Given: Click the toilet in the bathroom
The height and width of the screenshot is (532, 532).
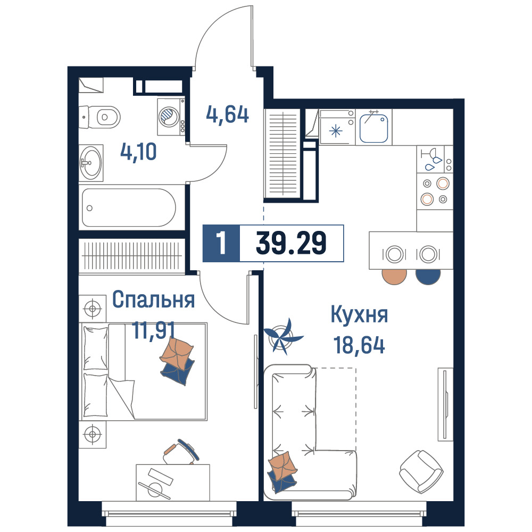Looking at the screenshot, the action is coord(99,117).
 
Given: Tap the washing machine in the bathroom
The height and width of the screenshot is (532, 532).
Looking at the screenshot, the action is coord(171,117).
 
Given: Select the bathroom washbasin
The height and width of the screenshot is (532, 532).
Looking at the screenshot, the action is coord(91,163).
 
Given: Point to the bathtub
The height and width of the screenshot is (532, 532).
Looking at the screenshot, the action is coord(129,207).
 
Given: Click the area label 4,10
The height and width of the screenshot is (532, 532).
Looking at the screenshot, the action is coord(138,152).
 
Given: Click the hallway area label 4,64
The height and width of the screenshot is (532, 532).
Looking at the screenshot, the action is coord(227,115).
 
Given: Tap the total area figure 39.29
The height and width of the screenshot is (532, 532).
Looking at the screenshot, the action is coord(291,243).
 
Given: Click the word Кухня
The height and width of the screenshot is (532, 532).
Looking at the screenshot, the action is coord(359,314).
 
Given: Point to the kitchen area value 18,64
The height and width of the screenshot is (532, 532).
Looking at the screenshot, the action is coord(359,345).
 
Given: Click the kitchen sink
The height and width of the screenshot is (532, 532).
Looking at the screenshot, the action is coord(373,128).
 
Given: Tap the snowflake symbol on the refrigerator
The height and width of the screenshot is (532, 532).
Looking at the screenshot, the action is coord(336,131).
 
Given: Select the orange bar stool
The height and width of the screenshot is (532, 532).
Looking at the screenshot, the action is coord(394,276).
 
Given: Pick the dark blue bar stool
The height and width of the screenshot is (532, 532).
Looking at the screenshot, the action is coord(428,276).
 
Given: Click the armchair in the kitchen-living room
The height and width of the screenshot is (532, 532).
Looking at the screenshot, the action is coord(421,471).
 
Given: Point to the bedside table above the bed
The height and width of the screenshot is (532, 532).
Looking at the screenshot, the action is coord(92,309).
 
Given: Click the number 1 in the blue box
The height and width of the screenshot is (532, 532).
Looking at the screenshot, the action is coord(221,243).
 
